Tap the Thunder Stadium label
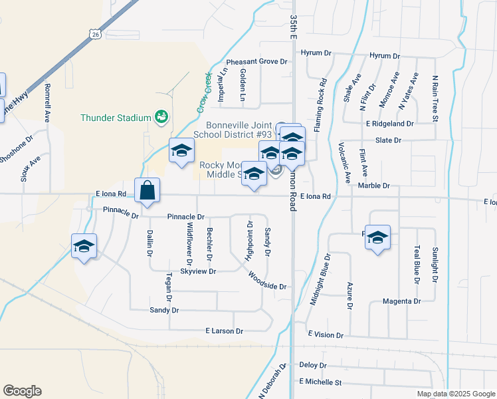116,118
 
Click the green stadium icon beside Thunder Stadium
160,117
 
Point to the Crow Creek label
203,90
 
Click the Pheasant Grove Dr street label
256,61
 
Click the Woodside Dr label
267,281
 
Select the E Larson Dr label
225,331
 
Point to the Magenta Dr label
402,301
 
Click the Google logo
22,391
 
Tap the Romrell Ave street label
48,102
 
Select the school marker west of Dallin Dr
84,245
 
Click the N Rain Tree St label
436,99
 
